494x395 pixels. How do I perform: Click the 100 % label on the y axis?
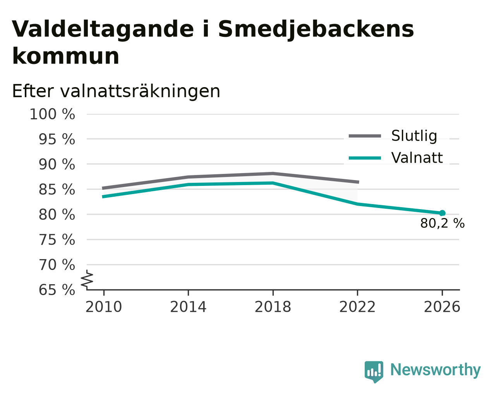tap(52, 114)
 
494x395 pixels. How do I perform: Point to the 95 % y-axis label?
tap(57, 139)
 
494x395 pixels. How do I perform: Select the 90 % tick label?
tap(57, 165)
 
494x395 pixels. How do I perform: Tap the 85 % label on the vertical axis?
tap(57, 190)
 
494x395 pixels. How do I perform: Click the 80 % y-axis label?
tap(57, 215)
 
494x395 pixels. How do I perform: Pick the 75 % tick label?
tap(57, 240)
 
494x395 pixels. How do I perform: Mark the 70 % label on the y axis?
tap(57, 265)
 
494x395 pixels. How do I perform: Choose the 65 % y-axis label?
tap(57, 290)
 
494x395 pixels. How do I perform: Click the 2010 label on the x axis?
tap(104, 307)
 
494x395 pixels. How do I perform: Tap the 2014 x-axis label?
tap(188, 307)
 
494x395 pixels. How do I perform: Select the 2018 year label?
tap(273, 307)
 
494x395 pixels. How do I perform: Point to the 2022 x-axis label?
tap(357, 307)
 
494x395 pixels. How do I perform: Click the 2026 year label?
tap(442, 307)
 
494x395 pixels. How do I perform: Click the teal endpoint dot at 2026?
tap(442, 213)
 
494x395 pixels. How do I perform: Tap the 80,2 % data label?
tap(443, 223)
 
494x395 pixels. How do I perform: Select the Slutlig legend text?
tap(414, 136)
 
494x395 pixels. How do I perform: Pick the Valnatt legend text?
tap(417, 158)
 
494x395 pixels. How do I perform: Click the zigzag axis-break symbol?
tap(87, 280)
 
